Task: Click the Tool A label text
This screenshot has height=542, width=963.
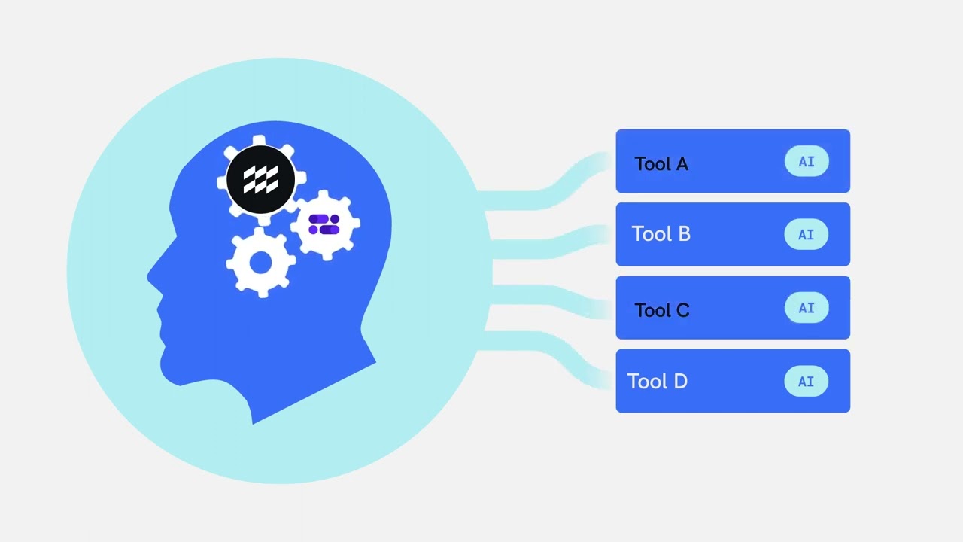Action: click(x=661, y=163)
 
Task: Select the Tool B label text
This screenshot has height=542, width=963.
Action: click(x=661, y=234)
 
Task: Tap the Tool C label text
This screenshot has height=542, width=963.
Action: click(x=662, y=310)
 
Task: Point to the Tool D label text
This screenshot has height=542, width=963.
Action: click(x=658, y=381)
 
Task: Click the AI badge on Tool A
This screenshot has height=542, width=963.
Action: click(x=807, y=161)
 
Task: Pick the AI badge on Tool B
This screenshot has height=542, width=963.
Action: click(x=806, y=234)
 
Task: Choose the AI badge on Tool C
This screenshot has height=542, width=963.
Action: click(x=807, y=308)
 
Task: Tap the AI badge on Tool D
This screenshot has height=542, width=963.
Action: click(x=806, y=381)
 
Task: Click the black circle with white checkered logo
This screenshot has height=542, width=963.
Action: click(x=260, y=179)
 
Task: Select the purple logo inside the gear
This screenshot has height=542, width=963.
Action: click(x=324, y=224)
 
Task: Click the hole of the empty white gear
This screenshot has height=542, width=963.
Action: click(x=260, y=263)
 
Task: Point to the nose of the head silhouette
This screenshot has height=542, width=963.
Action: click(x=151, y=276)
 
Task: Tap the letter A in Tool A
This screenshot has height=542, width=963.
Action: click(x=682, y=163)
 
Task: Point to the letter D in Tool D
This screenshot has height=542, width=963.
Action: click(x=681, y=381)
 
